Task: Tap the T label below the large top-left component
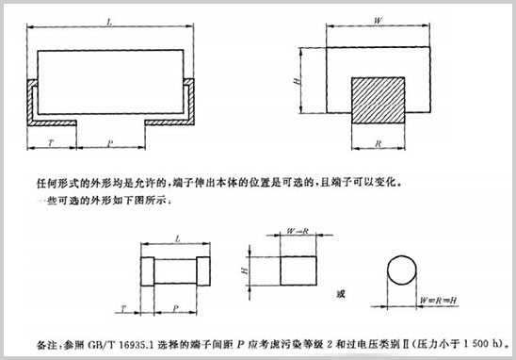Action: click(49, 144)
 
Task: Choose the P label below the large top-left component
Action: click(110, 144)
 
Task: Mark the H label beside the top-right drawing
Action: click(297, 83)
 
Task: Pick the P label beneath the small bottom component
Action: click(177, 307)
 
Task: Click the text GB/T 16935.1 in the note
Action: click(106, 340)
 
